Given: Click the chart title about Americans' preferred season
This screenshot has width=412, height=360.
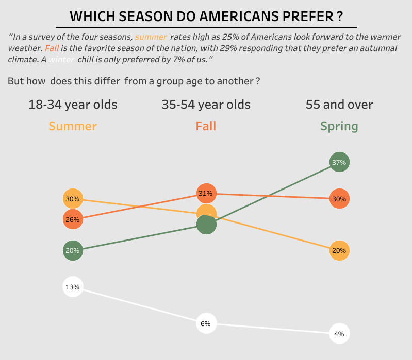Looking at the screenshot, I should click(206, 16).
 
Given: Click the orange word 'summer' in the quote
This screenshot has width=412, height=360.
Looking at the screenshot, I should click(151, 37).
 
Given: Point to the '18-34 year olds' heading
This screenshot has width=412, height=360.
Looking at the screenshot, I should click(73, 105).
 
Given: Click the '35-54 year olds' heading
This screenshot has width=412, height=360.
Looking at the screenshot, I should click(206, 105).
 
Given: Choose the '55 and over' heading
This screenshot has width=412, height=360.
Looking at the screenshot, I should click(339, 105).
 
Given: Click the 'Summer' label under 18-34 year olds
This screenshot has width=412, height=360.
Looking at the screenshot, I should click(73, 126).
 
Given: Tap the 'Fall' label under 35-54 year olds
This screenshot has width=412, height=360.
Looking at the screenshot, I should click(206, 126).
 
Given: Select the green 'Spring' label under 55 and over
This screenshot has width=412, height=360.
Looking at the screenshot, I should click(339, 126).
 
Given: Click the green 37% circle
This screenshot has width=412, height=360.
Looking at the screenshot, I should click(339, 162).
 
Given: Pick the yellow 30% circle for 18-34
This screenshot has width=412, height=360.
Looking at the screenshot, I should click(73, 199).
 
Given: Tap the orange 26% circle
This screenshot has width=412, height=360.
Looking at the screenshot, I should click(73, 219).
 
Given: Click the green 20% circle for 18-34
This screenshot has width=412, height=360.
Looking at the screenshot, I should click(73, 251).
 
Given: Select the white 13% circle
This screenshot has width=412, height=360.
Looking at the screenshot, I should click(73, 287).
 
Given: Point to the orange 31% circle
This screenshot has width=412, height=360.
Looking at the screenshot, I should click(206, 194).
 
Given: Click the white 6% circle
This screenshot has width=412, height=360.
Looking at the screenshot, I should click(206, 324).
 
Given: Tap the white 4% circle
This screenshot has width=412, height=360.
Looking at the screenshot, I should click(339, 334).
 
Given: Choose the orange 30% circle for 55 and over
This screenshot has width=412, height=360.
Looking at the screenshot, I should click(339, 199).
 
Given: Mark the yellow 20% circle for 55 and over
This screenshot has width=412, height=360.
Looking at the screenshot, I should click(339, 251).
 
